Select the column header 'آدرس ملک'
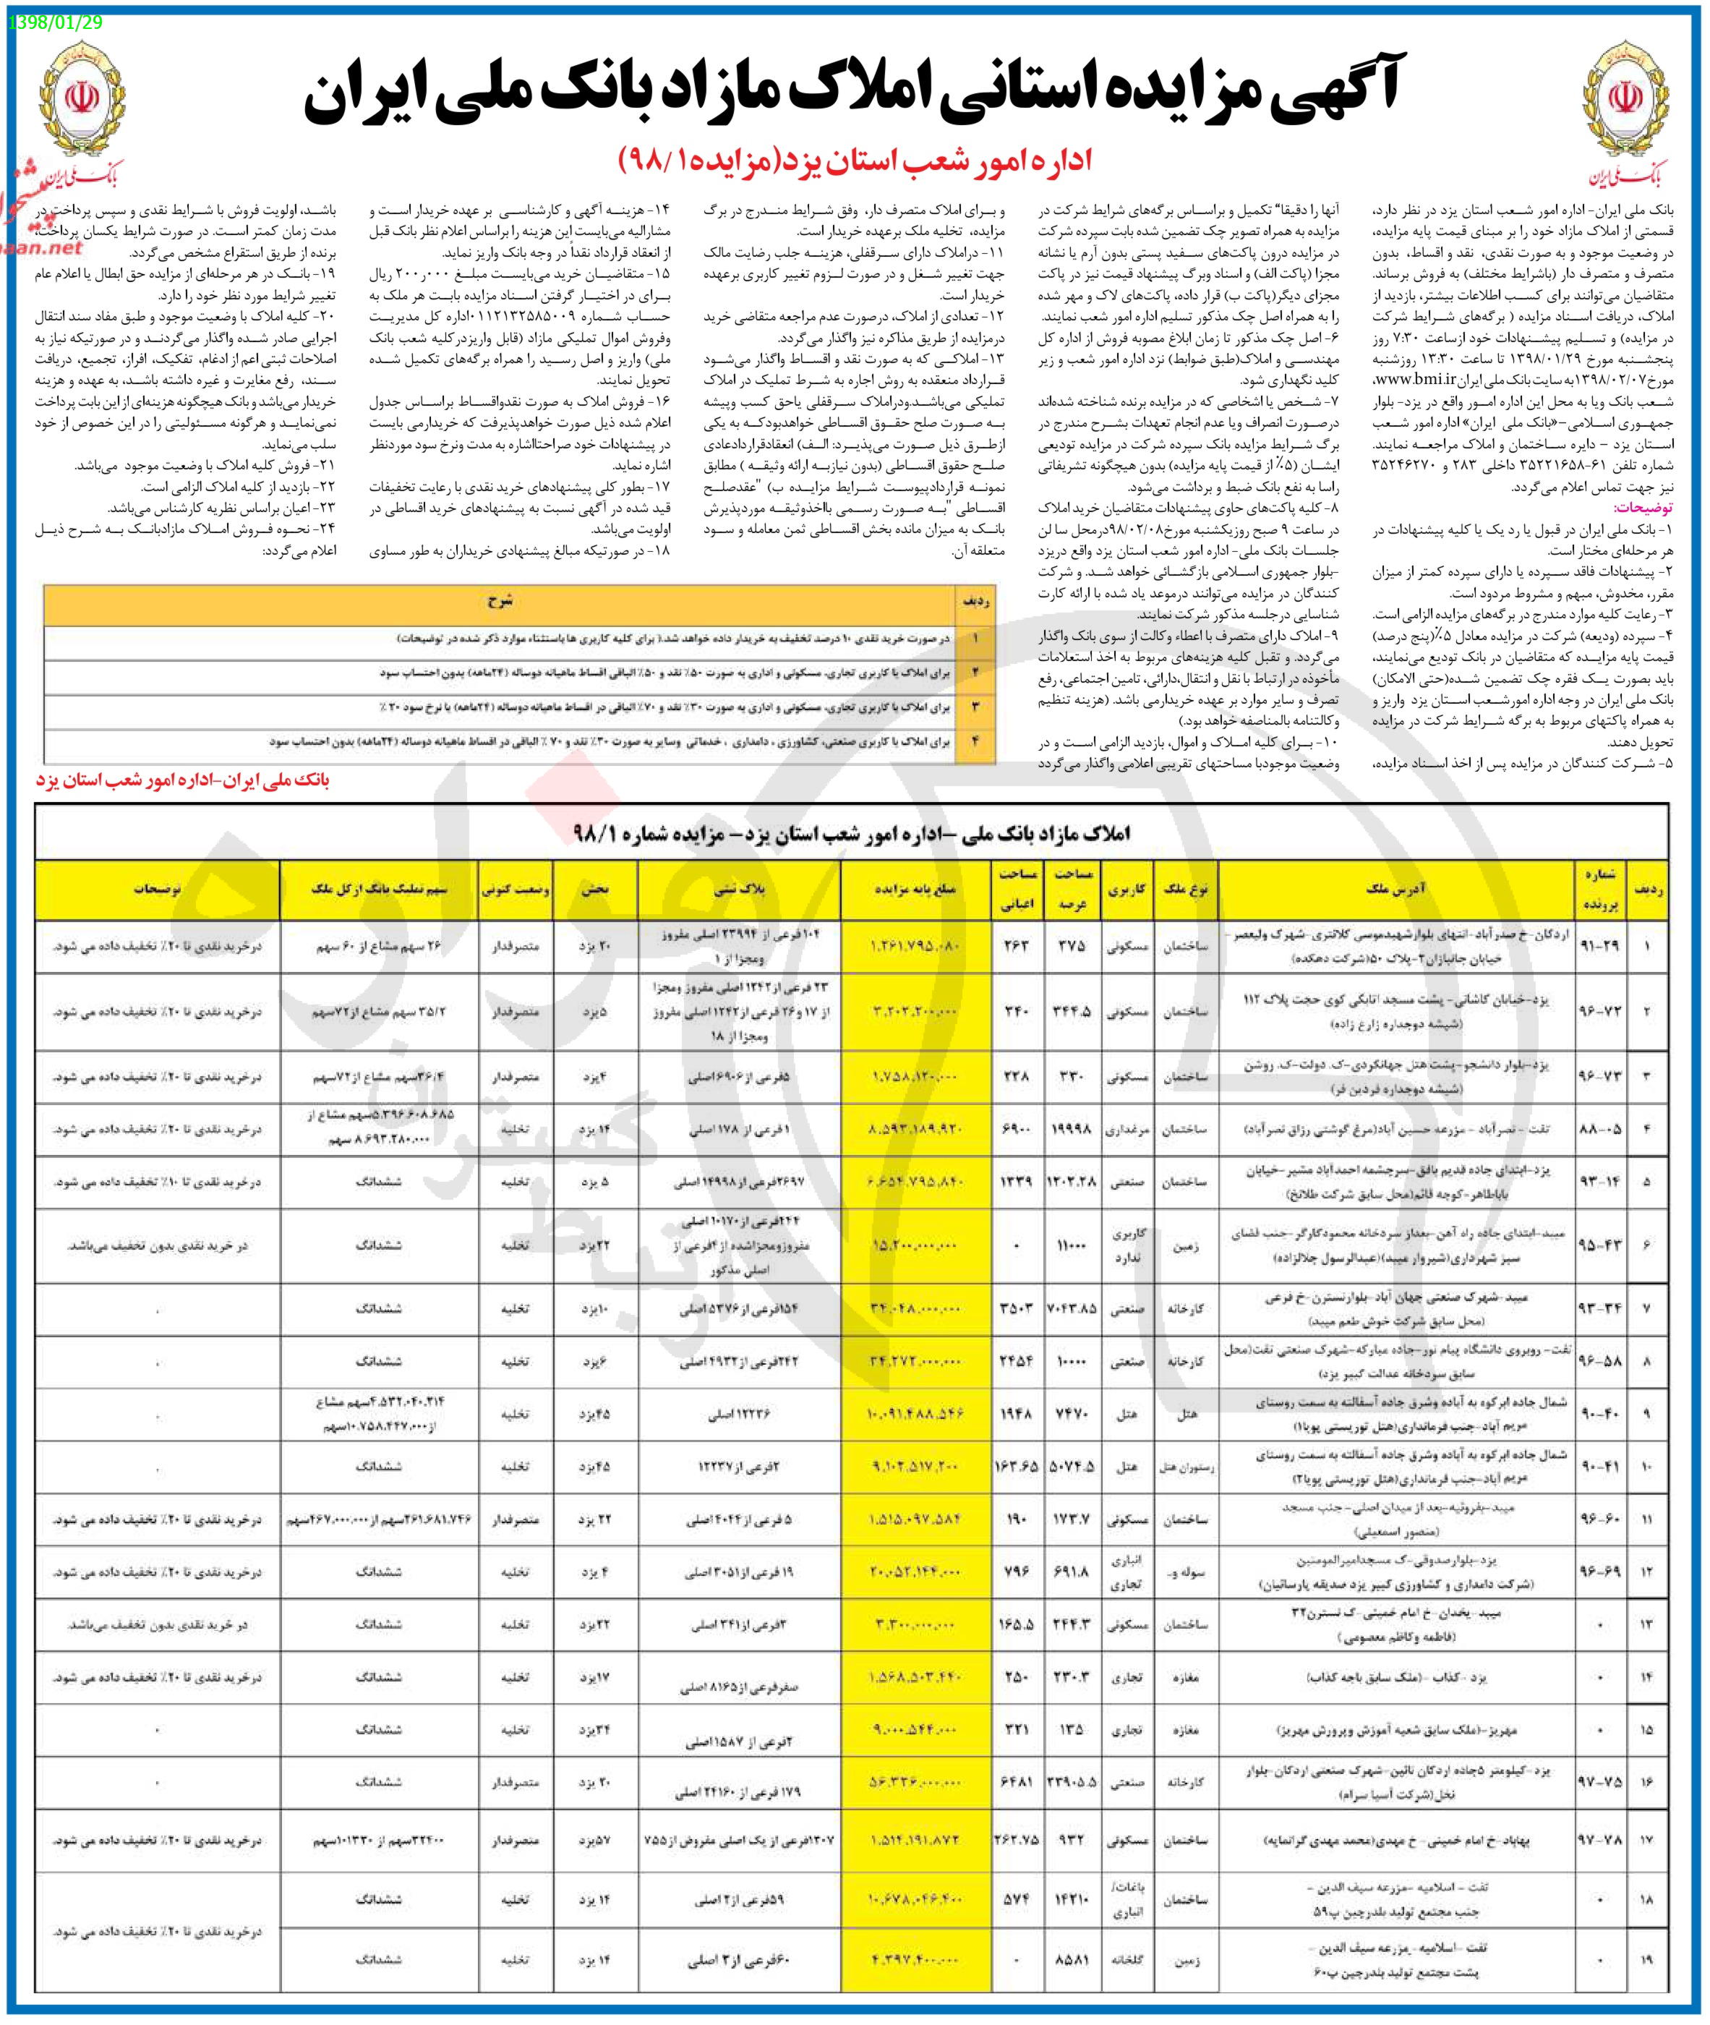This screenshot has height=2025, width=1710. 1396,889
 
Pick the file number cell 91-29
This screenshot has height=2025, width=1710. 1599,945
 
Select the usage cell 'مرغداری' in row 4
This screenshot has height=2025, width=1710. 1127,1130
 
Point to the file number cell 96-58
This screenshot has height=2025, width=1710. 1599,1361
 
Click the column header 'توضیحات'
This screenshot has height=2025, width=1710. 157,889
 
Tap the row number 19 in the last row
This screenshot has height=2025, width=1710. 1647,1959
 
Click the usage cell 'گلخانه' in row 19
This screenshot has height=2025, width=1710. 1127,1959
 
